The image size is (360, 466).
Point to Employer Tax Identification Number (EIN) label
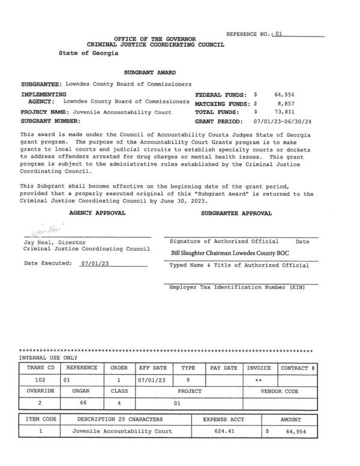click(x=237, y=287)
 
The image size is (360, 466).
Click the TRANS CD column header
click(x=40, y=368)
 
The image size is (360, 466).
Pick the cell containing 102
click(x=40, y=380)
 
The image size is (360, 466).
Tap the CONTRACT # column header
click(x=299, y=368)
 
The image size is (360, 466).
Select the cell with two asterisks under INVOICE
click(x=259, y=380)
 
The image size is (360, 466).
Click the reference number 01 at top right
click(x=277, y=35)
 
